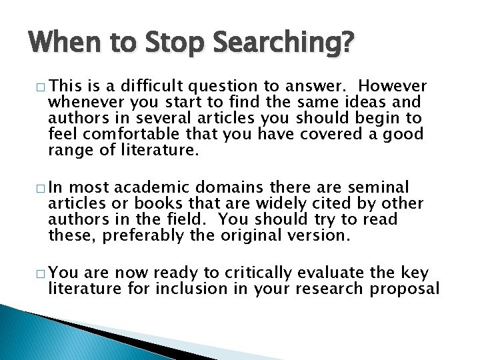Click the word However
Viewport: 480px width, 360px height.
point(393,87)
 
